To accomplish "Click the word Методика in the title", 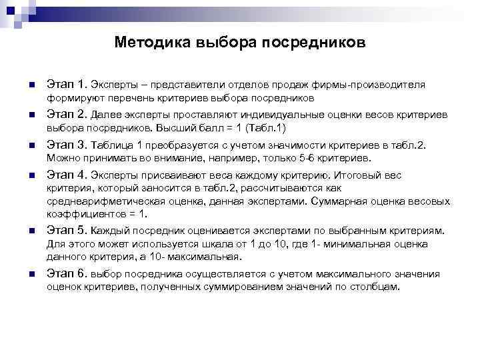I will tap(151, 43).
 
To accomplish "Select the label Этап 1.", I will tap(67, 85).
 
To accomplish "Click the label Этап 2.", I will tap(67, 114).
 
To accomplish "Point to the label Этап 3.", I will tap(67, 145).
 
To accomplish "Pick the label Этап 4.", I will tap(67, 175).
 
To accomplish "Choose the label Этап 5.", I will tap(67, 231).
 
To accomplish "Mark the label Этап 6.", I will tap(67, 273).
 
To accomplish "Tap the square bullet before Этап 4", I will tap(31, 177).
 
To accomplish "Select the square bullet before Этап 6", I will tap(31, 275).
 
